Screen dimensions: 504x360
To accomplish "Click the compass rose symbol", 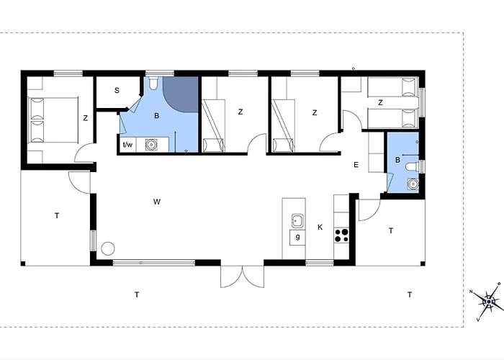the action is click(x=489, y=302).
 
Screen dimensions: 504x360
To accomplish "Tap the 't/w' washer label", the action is click(x=127, y=145).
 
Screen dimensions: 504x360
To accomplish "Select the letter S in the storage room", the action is click(x=117, y=90).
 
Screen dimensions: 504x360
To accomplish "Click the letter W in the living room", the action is click(x=157, y=202).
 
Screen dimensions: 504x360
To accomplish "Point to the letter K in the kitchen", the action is click(x=320, y=228).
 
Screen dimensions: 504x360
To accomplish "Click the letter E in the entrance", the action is click(x=356, y=165).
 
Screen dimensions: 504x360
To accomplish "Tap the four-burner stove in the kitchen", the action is click(x=341, y=235).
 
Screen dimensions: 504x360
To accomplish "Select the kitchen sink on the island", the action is click(x=297, y=221).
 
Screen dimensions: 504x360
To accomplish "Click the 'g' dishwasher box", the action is click(x=297, y=238).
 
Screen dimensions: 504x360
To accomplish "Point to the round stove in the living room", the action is click(x=108, y=248).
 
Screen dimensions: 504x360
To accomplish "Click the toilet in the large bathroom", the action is click(x=153, y=83).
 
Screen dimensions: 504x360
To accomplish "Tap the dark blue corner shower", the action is click(x=181, y=94).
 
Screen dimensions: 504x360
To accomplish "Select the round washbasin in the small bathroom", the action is click(x=413, y=184).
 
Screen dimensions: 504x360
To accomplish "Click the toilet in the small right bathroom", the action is click(x=413, y=166).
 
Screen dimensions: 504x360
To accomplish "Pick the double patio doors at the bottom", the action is click(x=242, y=276).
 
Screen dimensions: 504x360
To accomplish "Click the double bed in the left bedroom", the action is click(x=53, y=120).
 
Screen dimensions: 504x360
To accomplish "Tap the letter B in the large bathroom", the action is click(x=157, y=116).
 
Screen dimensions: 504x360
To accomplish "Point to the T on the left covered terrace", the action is click(x=57, y=216).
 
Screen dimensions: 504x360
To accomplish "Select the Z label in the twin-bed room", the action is click(x=381, y=103).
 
